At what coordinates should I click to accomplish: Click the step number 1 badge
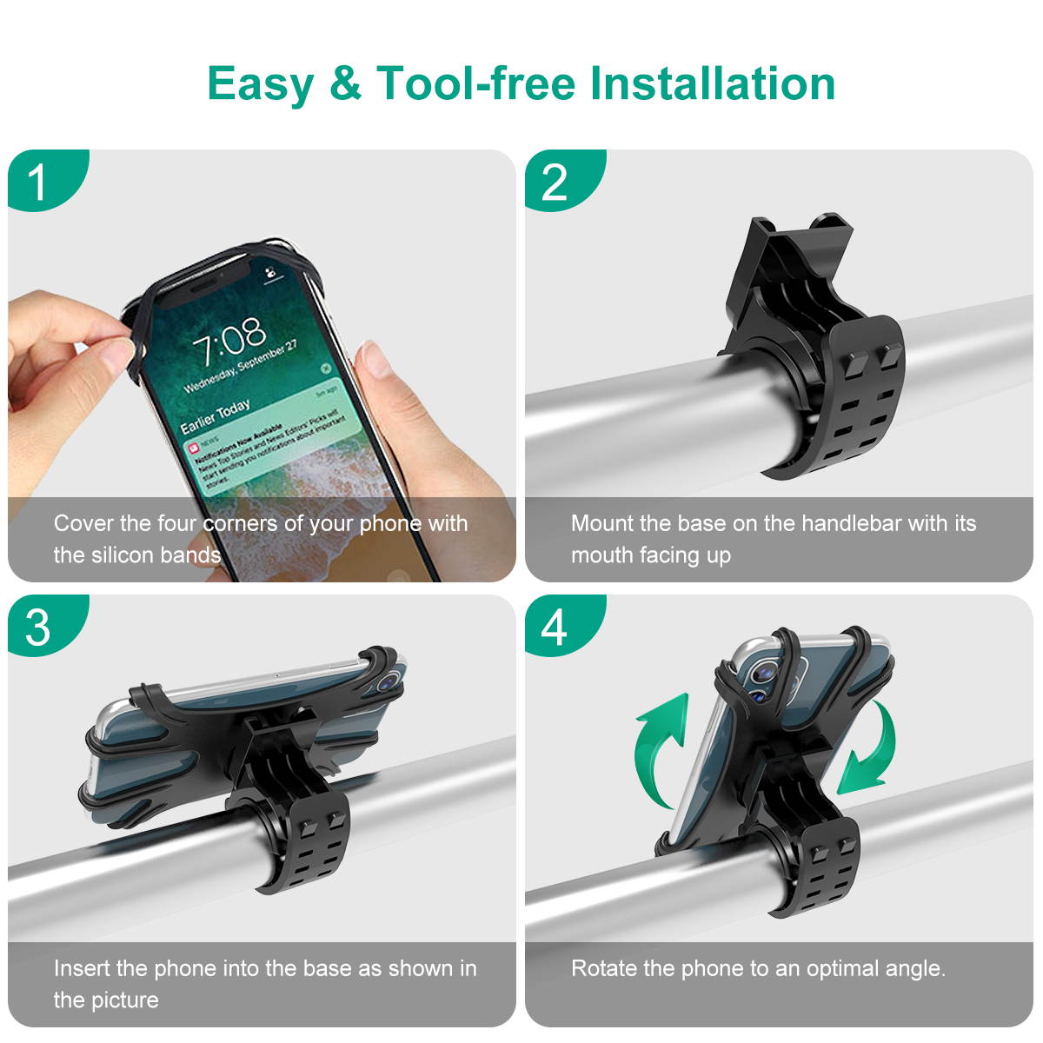[x=38, y=182]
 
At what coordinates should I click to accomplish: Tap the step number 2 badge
[x=555, y=182]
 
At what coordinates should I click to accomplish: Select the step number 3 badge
[x=38, y=627]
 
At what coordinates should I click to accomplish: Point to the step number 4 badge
[x=555, y=627]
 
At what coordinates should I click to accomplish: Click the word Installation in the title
[x=712, y=84]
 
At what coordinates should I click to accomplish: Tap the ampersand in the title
[x=345, y=84]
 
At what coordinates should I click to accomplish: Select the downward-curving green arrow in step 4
[x=869, y=747]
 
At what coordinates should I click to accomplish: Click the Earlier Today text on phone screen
[x=215, y=416]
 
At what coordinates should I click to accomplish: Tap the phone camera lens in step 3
[x=389, y=682]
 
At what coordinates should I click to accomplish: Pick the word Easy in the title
[x=260, y=84]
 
